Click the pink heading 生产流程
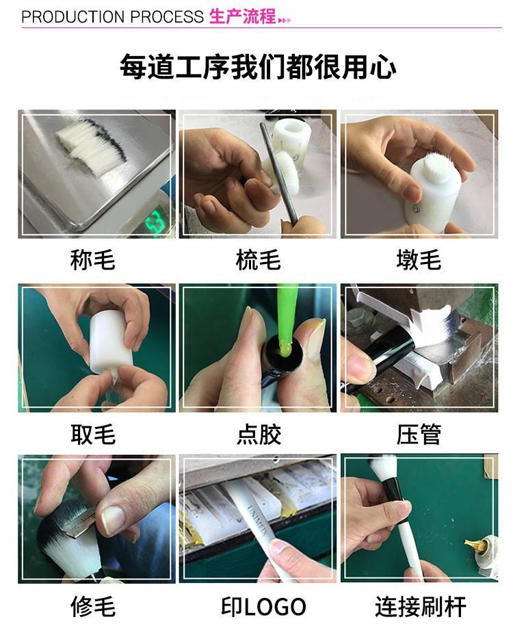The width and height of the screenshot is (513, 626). [242, 17]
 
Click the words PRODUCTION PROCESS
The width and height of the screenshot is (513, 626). [112, 17]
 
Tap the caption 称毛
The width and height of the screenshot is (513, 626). [92, 259]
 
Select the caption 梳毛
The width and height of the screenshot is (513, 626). [259, 259]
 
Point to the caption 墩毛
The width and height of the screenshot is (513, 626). [419, 259]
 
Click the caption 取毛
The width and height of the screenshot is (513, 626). [94, 434]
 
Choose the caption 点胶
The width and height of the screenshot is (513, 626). [259, 434]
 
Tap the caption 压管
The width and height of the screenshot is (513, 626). [419, 434]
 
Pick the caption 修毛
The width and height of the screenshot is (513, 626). [93, 606]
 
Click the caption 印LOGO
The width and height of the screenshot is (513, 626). [263, 606]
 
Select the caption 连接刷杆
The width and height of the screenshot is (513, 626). [420, 606]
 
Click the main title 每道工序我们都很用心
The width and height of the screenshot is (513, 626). [258, 66]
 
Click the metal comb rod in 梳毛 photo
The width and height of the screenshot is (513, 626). [280, 172]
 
